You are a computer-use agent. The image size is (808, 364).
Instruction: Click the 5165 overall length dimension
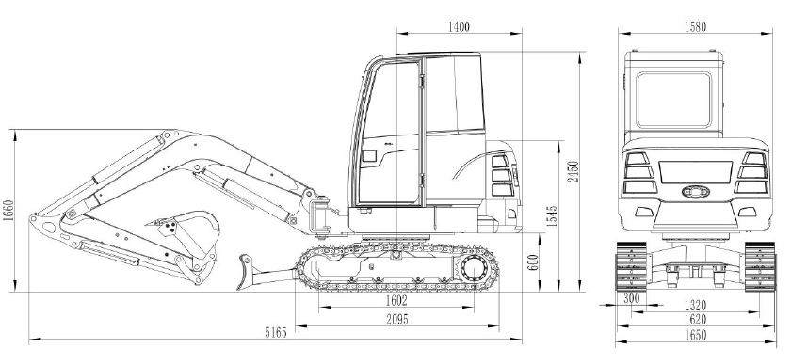(x=276, y=333)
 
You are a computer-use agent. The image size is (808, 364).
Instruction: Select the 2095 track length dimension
(x=397, y=320)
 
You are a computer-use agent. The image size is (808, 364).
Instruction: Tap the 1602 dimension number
(x=396, y=301)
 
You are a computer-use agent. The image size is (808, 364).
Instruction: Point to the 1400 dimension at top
(x=459, y=26)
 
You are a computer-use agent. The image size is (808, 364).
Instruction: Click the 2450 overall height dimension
(x=574, y=171)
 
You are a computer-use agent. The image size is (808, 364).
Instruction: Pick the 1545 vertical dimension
(x=552, y=216)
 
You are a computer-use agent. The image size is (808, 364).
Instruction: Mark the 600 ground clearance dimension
(x=533, y=262)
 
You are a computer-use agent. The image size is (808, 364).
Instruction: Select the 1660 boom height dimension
(x=8, y=211)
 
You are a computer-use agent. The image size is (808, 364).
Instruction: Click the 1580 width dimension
(x=696, y=26)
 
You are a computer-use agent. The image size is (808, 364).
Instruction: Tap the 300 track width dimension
(x=632, y=298)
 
